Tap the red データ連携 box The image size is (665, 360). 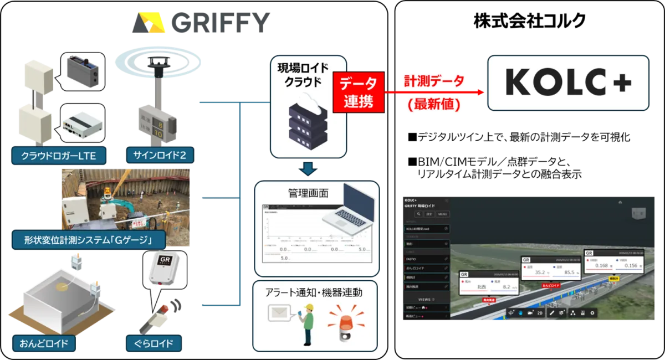(359, 92)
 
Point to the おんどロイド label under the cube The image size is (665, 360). (43, 343)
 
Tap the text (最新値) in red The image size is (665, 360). (433, 104)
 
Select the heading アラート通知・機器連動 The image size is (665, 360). (316, 292)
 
